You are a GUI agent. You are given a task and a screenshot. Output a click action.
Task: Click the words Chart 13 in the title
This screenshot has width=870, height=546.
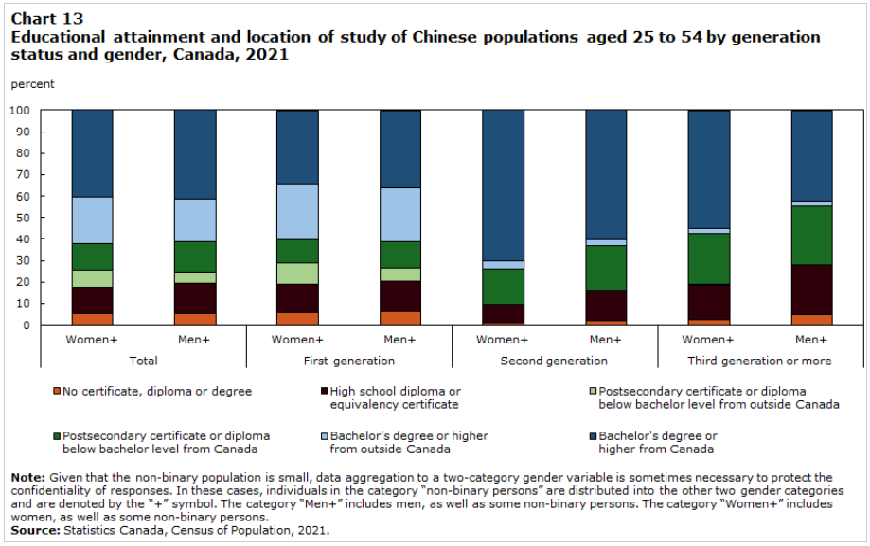click(x=46, y=19)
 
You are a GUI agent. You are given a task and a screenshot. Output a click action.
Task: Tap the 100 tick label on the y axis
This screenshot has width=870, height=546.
click(x=21, y=110)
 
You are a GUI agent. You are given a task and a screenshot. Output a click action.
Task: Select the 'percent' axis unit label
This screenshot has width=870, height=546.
click(x=32, y=84)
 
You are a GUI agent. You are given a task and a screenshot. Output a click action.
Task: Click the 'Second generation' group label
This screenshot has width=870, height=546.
click(x=555, y=361)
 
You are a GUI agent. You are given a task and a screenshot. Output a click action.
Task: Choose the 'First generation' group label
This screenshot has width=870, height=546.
click(x=349, y=361)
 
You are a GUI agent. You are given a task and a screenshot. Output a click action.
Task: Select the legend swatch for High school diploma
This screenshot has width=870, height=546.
click(x=323, y=391)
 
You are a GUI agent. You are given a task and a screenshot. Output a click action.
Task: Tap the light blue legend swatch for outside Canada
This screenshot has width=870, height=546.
click(x=322, y=436)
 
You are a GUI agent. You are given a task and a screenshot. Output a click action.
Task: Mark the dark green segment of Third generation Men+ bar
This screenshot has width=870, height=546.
click(x=811, y=235)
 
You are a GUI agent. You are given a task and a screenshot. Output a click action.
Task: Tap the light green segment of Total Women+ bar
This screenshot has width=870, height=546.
click(x=92, y=278)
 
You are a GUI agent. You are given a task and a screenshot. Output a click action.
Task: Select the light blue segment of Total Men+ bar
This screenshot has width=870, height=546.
click(x=195, y=220)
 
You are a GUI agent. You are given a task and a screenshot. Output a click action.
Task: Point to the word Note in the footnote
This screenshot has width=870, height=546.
click(x=27, y=477)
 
